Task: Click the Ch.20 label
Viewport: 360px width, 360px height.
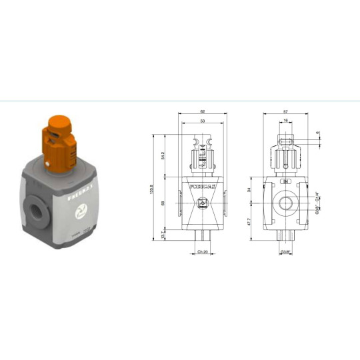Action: pyautogui.click(x=202, y=251)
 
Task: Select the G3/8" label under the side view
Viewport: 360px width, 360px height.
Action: pyautogui.click(x=285, y=251)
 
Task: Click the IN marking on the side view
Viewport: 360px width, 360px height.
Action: pyautogui.click(x=285, y=181)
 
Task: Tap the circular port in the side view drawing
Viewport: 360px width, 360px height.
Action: pyautogui.click(x=285, y=205)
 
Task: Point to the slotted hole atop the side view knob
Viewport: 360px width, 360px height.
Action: pyautogui.click(x=285, y=141)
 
